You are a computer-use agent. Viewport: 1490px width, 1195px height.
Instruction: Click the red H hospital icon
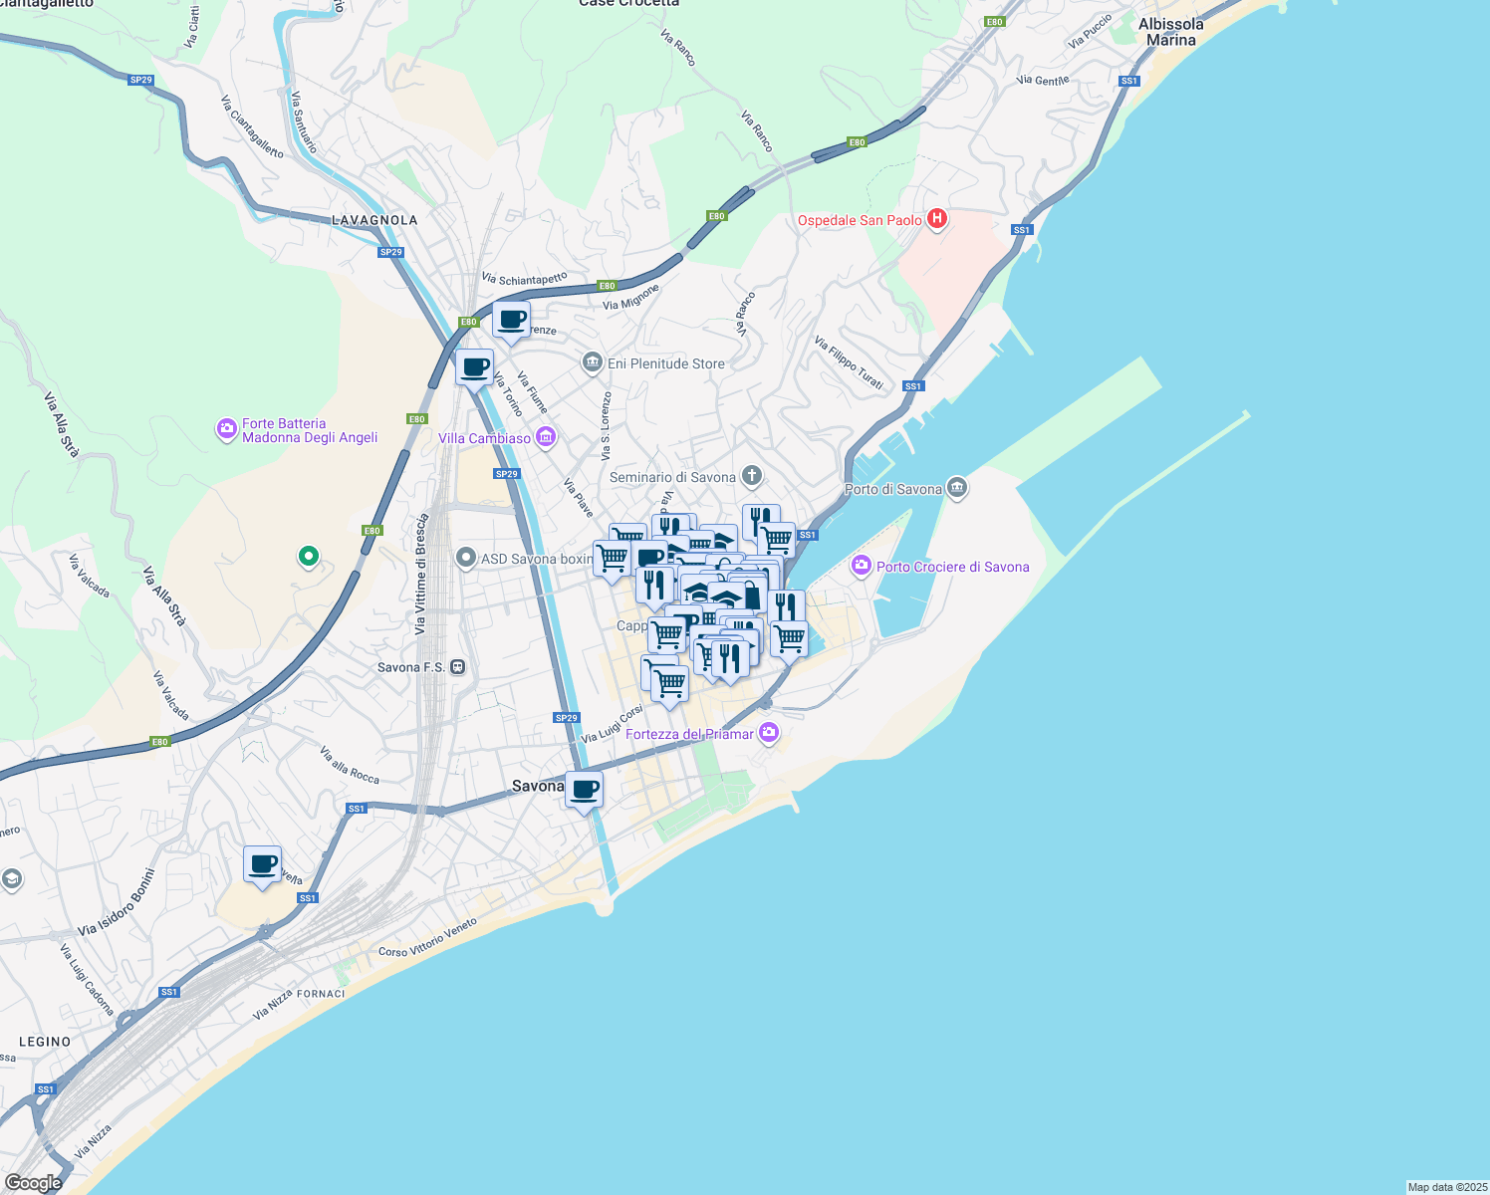(936, 219)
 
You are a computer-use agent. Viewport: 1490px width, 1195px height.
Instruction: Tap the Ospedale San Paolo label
(860, 220)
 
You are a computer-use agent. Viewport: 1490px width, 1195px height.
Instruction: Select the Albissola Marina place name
(1170, 32)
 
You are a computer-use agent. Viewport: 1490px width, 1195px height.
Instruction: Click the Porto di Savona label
(893, 489)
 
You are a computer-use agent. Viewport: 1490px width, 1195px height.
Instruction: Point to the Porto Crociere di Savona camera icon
(862, 567)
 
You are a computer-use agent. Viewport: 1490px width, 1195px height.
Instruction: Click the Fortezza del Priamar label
(689, 734)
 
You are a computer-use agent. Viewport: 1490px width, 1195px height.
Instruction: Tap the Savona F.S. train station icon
(458, 667)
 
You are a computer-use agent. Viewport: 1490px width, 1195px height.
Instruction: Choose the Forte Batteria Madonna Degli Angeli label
(310, 430)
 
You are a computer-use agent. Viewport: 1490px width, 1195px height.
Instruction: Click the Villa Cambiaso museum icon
(545, 437)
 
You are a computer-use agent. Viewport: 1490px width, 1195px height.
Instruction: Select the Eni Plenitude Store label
(666, 363)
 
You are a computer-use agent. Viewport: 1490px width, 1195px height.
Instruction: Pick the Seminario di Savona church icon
(752, 477)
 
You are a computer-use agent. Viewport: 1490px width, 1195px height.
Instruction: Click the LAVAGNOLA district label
(374, 220)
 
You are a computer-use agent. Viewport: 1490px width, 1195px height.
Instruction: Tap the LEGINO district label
(45, 1042)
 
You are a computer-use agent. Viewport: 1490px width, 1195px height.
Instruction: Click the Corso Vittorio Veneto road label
(427, 938)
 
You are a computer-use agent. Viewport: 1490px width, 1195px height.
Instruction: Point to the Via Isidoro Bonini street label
(117, 902)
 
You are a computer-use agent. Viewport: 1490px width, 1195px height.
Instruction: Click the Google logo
(33, 1183)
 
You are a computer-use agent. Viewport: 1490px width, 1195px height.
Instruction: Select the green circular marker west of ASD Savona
(309, 556)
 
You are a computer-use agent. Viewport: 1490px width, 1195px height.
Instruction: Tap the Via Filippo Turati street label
(849, 362)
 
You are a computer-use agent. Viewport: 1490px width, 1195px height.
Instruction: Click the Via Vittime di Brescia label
(421, 574)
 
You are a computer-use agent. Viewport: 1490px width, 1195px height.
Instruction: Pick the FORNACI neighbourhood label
(321, 993)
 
